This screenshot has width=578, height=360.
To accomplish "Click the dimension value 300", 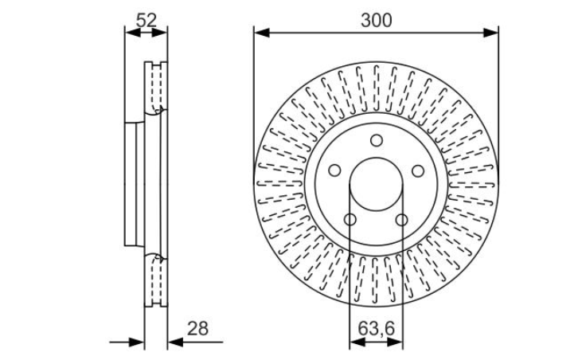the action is point(376,20).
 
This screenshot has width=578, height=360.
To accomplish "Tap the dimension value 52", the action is point(146,20).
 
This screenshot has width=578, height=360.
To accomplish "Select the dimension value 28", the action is point(197,328).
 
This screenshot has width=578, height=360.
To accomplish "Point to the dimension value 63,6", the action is point(376,328).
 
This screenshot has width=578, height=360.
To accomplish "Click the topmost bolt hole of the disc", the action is point(377,140).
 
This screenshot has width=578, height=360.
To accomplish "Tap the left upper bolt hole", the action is point(334,170).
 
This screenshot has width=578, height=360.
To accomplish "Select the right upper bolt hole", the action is point(418,170).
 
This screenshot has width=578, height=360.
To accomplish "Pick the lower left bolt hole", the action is point(350,220).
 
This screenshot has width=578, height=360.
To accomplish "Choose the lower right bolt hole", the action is point(402,220).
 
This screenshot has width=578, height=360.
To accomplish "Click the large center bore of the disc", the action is point(376,184).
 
